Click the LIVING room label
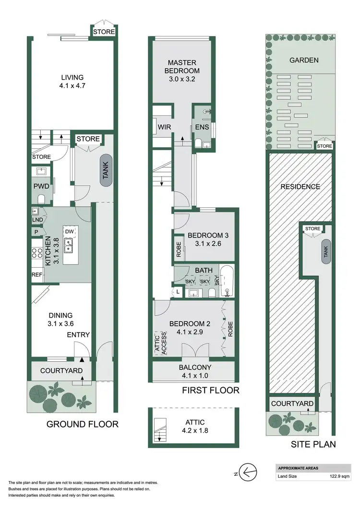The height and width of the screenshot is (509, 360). coord(72,77)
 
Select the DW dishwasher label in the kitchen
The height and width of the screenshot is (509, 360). coord(70,231)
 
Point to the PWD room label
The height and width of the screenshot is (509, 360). coord(39,186)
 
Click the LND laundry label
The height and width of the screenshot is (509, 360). coord(36,220)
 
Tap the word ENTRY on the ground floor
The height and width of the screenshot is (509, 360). coord(78,334)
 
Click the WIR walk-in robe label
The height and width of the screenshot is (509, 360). coord(162,127)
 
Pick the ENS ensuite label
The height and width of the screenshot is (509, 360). coord(201,127)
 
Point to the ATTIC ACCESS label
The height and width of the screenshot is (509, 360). coord(160,343)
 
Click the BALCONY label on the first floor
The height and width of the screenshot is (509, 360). coord(194,367)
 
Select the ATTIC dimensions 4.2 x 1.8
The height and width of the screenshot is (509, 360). coord(194,431)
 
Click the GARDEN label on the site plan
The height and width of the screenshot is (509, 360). coord(304,60)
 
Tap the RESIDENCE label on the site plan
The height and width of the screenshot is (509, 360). coord(300,187)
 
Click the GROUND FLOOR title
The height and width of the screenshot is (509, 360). coord(82,424)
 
